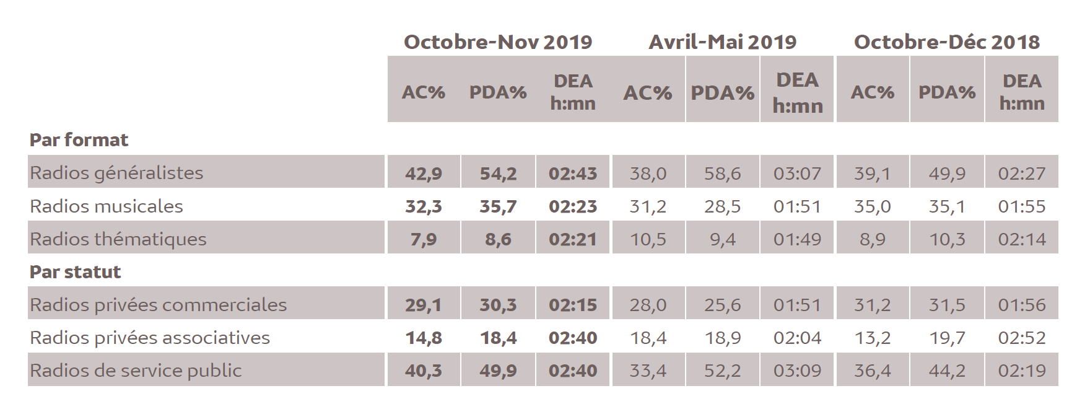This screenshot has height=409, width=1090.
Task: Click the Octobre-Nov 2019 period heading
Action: pos(498,42)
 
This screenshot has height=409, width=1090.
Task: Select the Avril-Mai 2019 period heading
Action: pos(722,42)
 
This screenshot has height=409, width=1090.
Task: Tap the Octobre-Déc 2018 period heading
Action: pos(946,42)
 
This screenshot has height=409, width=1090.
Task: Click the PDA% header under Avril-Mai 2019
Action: pos(722,92)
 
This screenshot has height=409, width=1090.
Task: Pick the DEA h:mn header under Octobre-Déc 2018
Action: pos(1022,92)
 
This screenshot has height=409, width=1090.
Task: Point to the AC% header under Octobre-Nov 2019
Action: pos(424,92)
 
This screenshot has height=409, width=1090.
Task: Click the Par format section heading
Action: pos(79,139)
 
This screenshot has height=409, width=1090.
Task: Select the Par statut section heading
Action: pos(75,271)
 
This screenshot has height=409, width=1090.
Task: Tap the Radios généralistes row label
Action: pos(116,172)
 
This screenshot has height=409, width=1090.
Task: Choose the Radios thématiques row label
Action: pos(118,239)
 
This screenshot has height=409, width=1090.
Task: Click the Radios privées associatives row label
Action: pos(150,337)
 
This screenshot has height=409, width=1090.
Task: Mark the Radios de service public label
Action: pos(136,370)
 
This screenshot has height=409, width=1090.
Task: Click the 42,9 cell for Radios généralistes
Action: pos(424,173)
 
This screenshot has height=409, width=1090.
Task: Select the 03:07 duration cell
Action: pos(797,173)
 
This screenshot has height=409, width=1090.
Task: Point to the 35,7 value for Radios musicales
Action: pos(498,206)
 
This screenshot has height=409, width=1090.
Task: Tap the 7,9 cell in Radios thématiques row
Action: pos(424,239)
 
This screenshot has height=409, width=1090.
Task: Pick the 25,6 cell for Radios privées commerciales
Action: pos(722,304)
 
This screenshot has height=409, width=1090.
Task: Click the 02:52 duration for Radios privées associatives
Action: pos(1022,337)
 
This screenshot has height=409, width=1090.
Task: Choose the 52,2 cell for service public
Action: pos(722,370)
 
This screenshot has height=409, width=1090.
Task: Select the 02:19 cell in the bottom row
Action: pos(1022,370)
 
